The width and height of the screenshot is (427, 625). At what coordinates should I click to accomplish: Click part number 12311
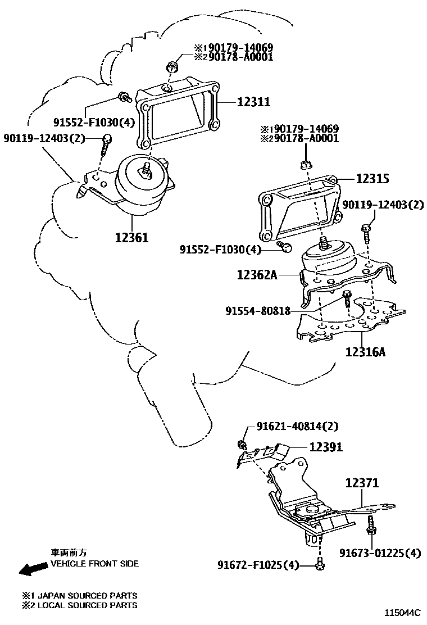(x=253, y=102)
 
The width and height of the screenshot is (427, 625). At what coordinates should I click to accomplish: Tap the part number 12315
(x=373, y=179)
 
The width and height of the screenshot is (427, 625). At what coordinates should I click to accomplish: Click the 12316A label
(x=365, y=352)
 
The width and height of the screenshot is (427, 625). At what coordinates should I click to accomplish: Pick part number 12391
(x=326, y=447)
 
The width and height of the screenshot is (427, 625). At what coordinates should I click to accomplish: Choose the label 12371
(x=362, y=483)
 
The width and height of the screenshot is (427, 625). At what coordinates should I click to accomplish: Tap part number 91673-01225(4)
(x=379, y=554)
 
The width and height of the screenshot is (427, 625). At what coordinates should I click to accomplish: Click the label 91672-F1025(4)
(x=259, y=565)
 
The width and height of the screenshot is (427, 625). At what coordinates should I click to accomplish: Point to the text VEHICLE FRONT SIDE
(x=94, y=563)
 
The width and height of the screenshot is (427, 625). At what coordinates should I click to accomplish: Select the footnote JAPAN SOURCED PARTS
(x=87, y=595)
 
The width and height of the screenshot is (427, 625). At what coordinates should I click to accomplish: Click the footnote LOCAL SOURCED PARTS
(x=87, y=605)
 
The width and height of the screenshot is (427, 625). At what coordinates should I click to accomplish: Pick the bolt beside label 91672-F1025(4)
(x=319, y=564)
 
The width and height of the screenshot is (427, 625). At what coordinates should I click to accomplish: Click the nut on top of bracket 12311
(x=172, y=69)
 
